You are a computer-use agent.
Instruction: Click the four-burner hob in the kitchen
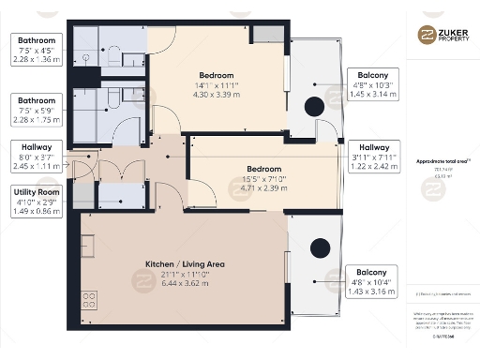click(91, 301)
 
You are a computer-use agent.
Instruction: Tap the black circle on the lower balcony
click(321, 248)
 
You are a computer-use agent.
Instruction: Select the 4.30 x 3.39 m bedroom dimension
click(216, 94)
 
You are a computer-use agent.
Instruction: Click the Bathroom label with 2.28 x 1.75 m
click(37, 109)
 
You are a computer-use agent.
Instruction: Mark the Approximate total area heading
click(442, 161)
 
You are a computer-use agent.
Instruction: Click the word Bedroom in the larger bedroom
click(216, 74)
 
